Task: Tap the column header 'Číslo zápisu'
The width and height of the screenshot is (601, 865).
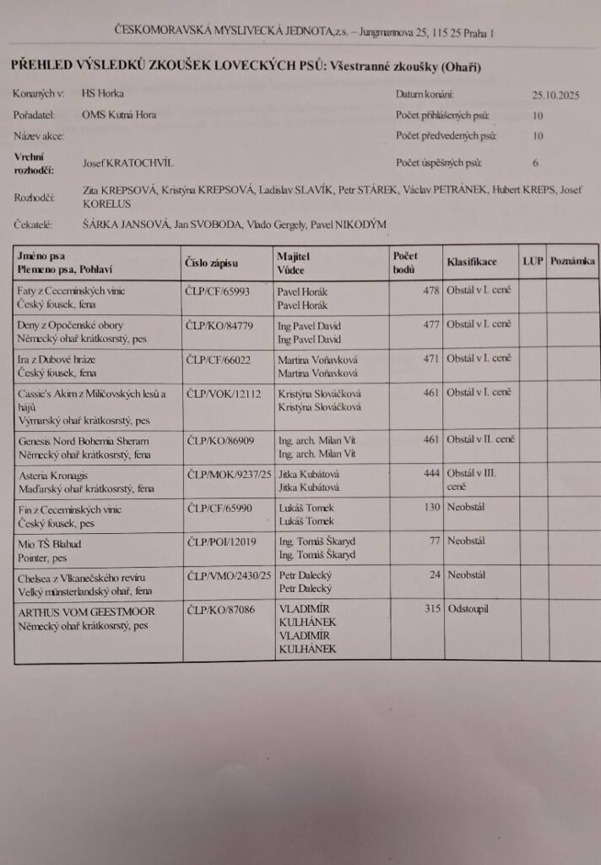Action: (211, 262)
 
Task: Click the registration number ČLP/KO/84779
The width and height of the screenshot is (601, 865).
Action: (218, 325)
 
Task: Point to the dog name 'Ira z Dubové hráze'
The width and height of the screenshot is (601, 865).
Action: (57, 359)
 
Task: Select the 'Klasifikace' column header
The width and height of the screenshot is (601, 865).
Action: (471, 262)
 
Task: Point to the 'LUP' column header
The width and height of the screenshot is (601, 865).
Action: (533, 261)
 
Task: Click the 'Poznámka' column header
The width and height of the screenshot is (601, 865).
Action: (573, 261)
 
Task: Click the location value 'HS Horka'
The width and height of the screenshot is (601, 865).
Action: (102, 94)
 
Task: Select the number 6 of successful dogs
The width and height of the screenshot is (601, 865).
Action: (535, 162)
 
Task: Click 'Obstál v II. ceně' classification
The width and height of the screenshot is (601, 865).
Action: (481, 439)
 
